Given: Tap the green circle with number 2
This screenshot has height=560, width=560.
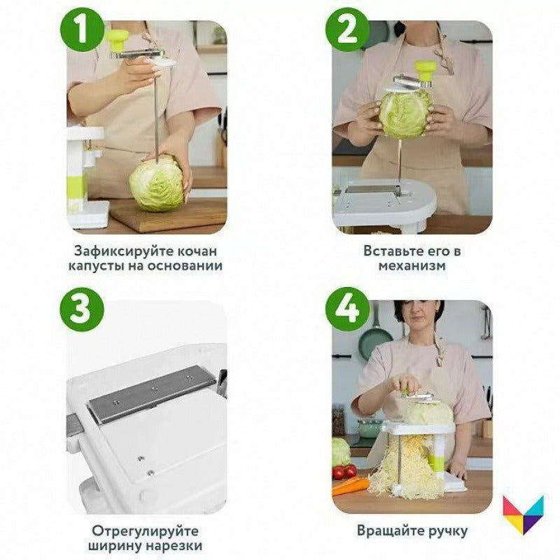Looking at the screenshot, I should click(x=348, y=30).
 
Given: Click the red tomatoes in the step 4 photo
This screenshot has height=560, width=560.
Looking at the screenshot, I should click(x=344, y=472).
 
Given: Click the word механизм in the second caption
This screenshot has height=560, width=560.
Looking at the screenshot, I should click(x=412, y=266).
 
